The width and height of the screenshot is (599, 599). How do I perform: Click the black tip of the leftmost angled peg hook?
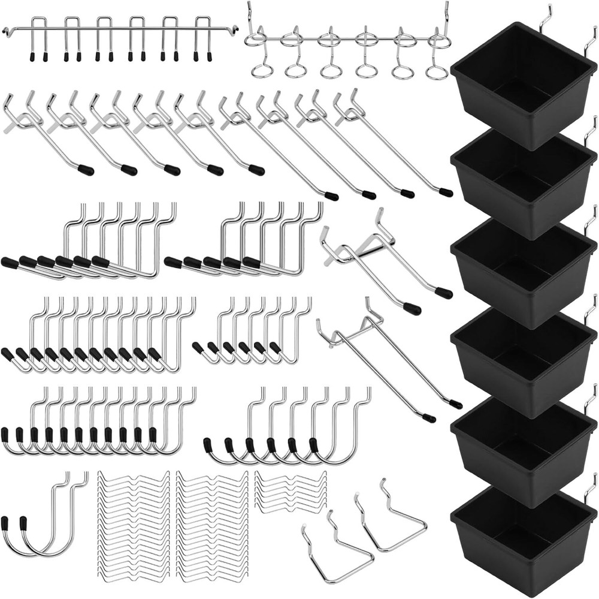86,170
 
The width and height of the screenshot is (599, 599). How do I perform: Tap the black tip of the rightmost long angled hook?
446,192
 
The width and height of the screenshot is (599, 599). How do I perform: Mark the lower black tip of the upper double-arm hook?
412,309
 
